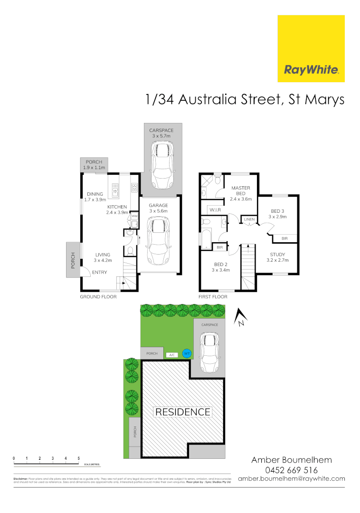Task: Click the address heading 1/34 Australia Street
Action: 245,101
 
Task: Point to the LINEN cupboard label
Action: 249,219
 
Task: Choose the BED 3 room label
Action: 278,213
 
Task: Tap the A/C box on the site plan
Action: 171,354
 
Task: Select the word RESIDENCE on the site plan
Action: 183,412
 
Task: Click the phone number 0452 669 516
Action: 291,470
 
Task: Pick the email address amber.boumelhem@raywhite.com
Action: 291,478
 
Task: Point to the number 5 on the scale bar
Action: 78,458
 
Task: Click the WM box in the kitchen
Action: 134,216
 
